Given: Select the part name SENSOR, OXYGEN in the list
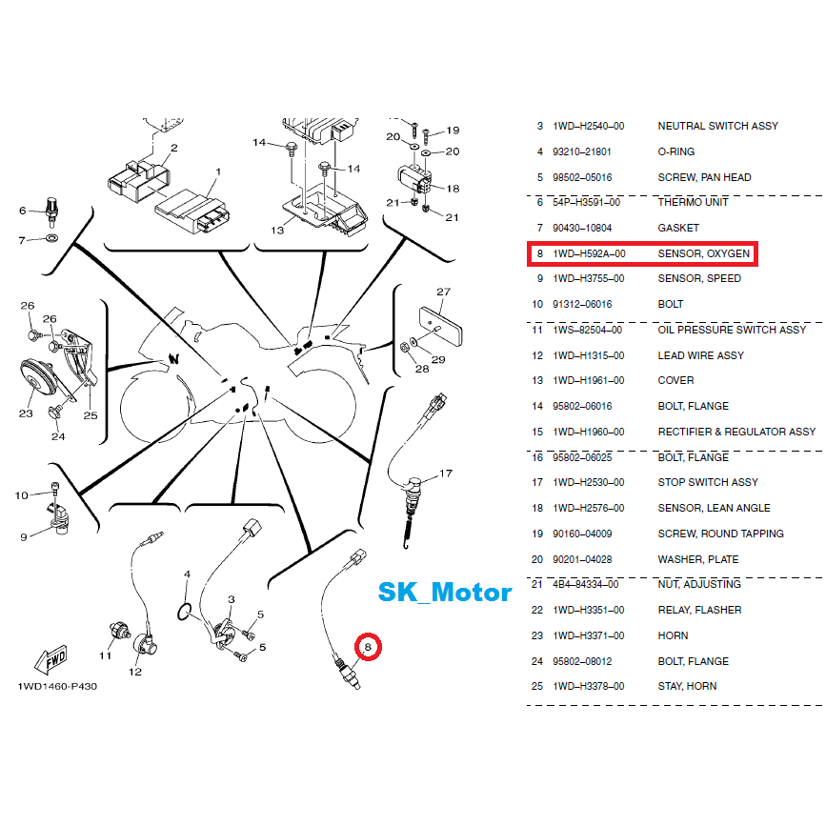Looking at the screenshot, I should tap(704, 253).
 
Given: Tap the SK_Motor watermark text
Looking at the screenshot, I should tap(445, 592).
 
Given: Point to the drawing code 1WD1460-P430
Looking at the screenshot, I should tap(56, 686).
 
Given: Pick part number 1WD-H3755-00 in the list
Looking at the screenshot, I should tap(589, 279).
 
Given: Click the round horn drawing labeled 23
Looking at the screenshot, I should tap(37, 381).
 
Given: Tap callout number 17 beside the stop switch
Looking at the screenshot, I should tap(445, 473).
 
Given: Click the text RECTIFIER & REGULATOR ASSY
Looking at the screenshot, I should tap(736, 432).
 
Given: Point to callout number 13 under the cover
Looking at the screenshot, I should tap(277, 230).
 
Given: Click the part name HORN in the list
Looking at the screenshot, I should tap(673, 635).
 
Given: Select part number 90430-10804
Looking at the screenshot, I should tap(587, 228).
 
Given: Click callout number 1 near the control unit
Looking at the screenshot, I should tap(217, 172).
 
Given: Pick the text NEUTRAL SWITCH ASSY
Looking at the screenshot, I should tap(717, 126).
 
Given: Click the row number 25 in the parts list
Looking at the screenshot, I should tap(539, 686).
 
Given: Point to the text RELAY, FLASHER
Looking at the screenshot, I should tap(699, 610).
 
